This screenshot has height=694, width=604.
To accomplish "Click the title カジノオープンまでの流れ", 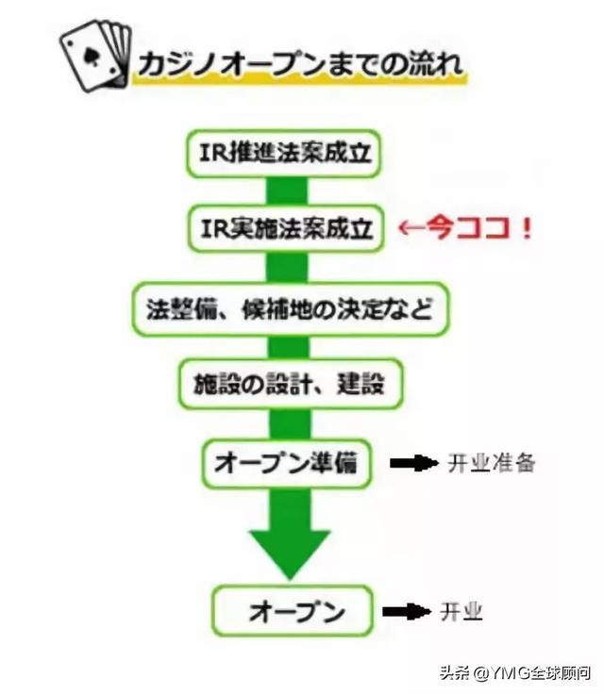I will (x=299, y=66).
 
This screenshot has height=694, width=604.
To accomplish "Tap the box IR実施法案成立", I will (x=281, y=227).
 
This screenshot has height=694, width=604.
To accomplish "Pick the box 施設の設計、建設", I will (x=281, y=384).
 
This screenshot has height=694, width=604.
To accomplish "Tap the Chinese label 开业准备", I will (x=491, y=463).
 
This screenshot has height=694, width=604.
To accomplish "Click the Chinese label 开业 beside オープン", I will (x=461, y=612).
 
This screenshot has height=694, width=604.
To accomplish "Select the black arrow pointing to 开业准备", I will (x=412, y=463).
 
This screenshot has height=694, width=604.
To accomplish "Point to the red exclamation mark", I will (x=525, y=228).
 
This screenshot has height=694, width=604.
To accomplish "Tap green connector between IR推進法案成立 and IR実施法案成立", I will (x=280, y=190).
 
